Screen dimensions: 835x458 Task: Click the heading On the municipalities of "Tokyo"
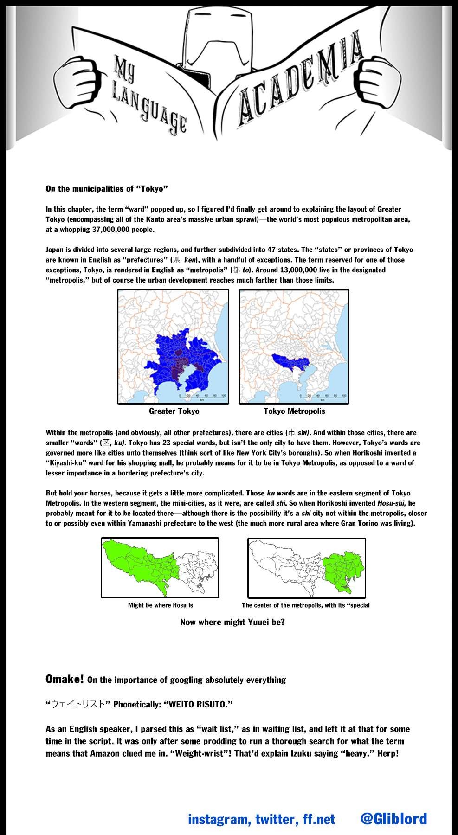click(x=106, y=189)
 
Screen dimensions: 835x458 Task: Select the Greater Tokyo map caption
click(x=174, y=411)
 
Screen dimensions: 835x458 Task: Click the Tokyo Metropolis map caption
click(x=294, y=411)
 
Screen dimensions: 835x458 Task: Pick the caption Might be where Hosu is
click(x=161, y=605)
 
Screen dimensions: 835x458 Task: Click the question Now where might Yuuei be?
click(x=232, y=622)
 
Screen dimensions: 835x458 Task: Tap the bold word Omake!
click(x=65, y=680)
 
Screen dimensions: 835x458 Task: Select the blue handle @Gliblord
click(x=393, y=819)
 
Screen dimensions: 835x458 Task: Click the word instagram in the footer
click(x=218, y=820)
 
